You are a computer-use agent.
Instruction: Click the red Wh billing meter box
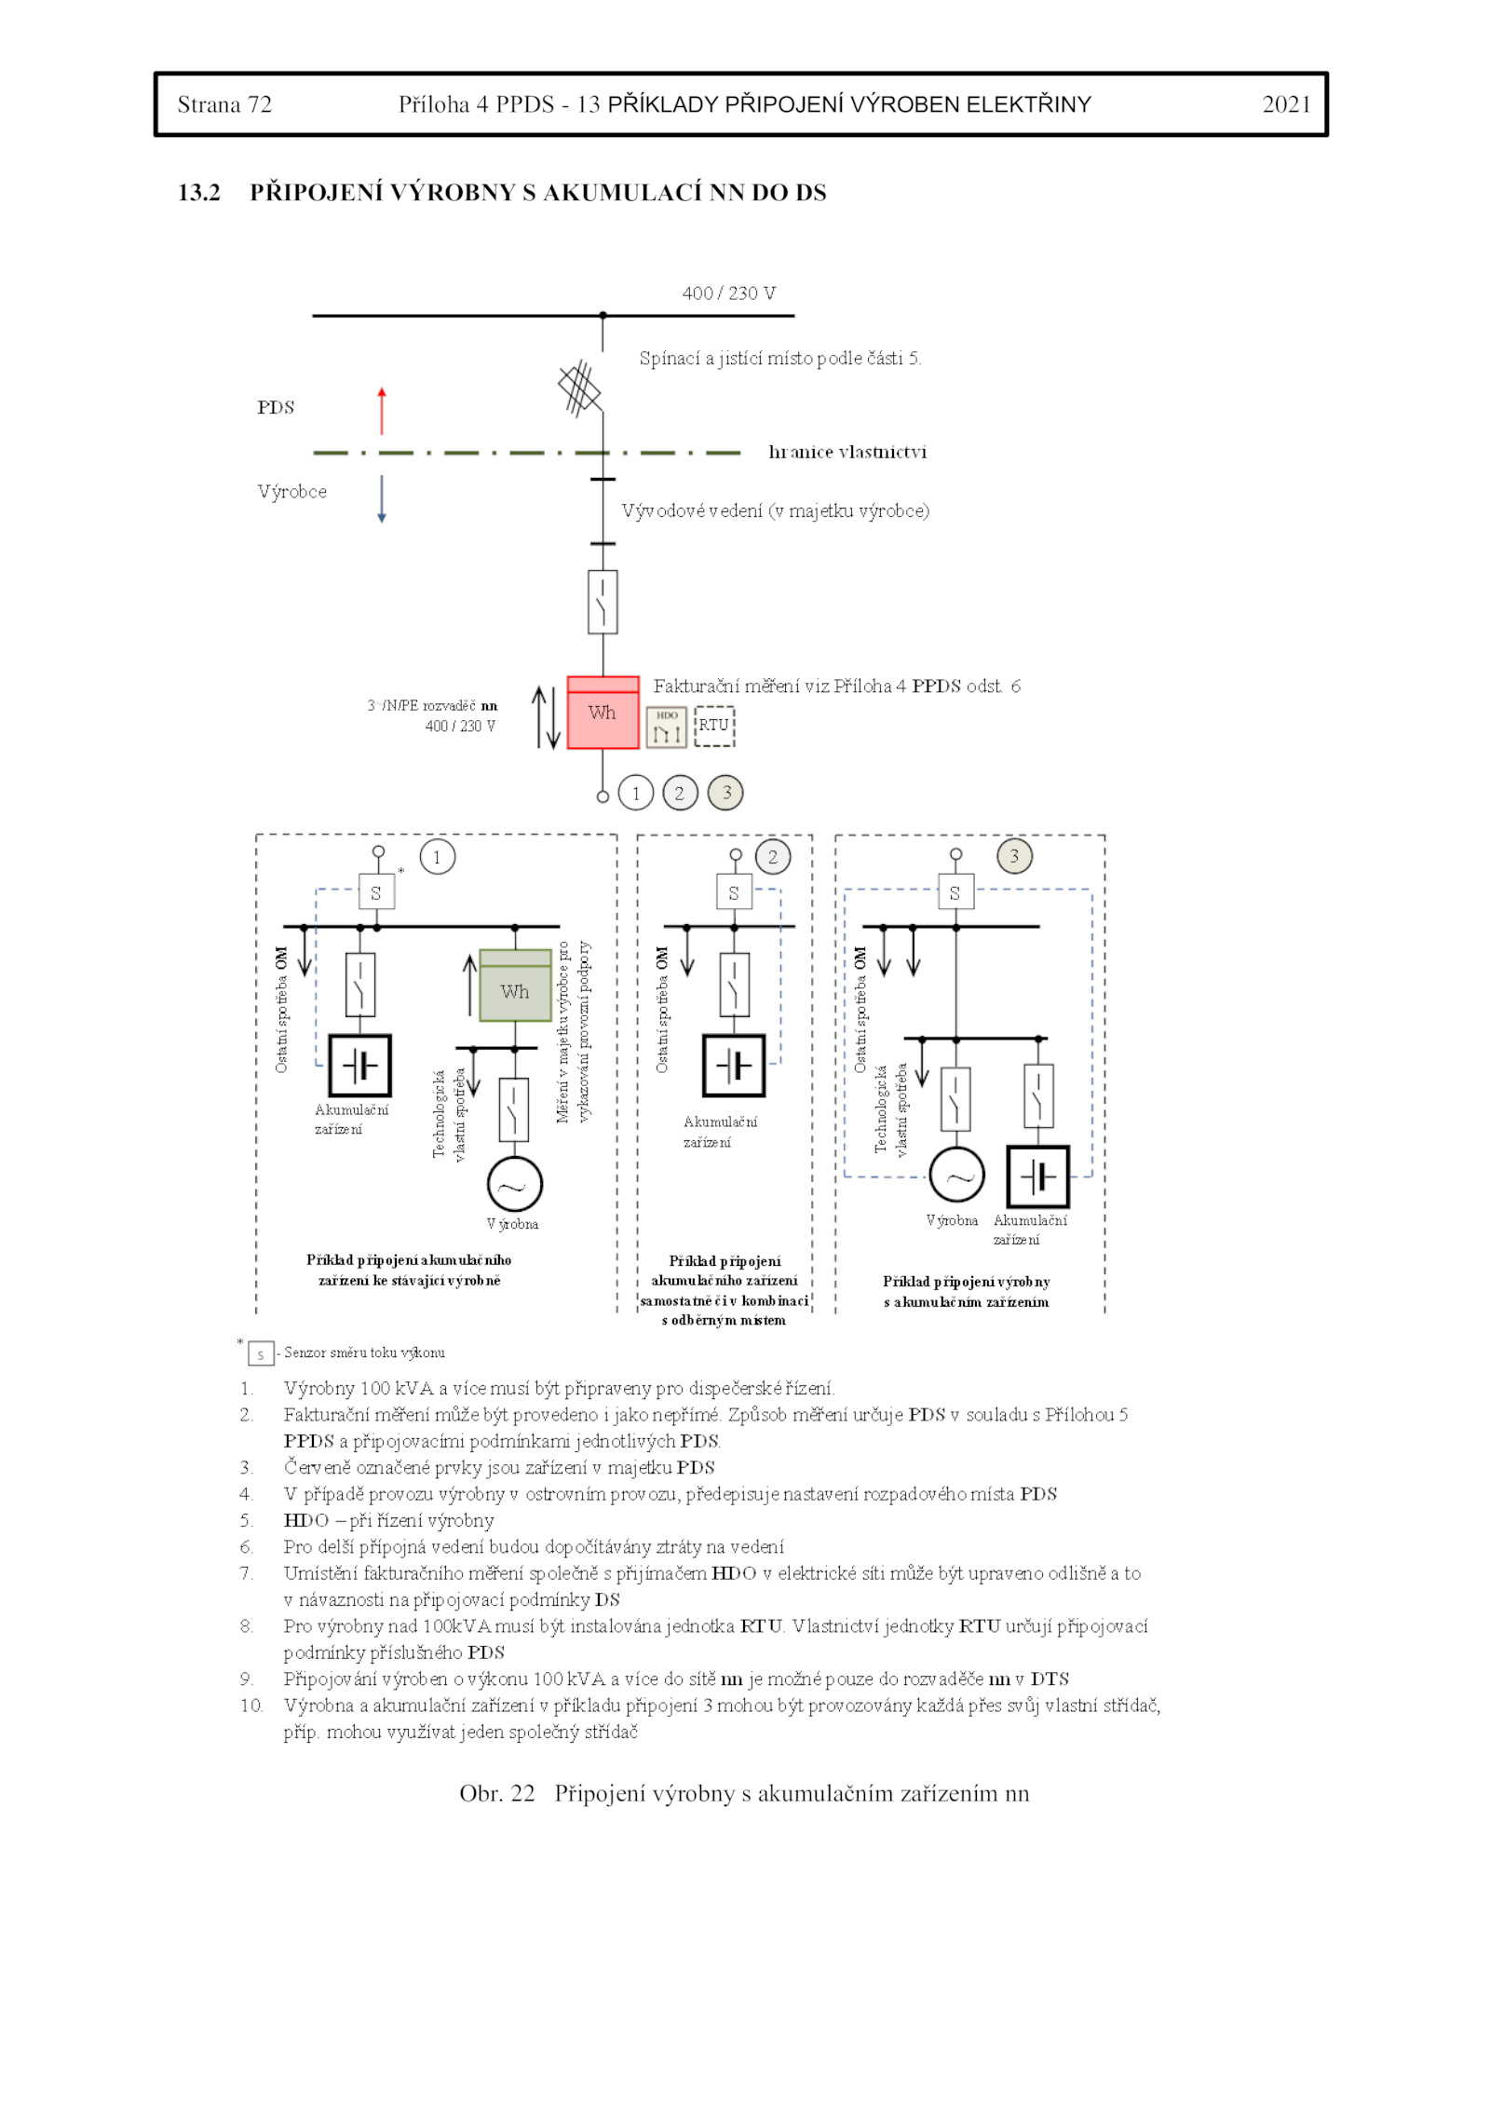pos(603,713)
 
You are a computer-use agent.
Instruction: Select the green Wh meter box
pos(515,986)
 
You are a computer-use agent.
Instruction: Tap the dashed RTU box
pos(714,726)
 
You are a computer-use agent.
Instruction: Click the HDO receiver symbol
pos(667,727)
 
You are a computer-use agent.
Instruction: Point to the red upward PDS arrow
pos(382,411)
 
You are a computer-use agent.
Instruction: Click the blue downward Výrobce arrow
pos(382,499)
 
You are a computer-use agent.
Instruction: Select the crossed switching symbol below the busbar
pos(580,387)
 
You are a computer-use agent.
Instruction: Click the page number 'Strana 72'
pos(224,104)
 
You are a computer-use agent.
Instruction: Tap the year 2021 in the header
pos(1286,104)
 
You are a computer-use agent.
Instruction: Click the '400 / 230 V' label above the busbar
pos(728,293)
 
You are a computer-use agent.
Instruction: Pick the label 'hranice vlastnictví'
pos(847,452)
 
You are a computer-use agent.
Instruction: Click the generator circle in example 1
pos(514,1185)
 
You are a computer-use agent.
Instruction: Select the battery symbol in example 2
pos(734,1066)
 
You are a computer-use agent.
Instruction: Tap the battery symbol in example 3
pos(1038,1176)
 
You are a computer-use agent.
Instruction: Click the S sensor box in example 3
pos(955,891)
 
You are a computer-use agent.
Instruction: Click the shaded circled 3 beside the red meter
pos(726,793)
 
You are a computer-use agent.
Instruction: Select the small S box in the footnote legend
pos(261,1353)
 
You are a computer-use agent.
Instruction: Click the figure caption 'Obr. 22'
pos(497,1794)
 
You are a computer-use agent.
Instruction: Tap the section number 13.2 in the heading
pos(199,193)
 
